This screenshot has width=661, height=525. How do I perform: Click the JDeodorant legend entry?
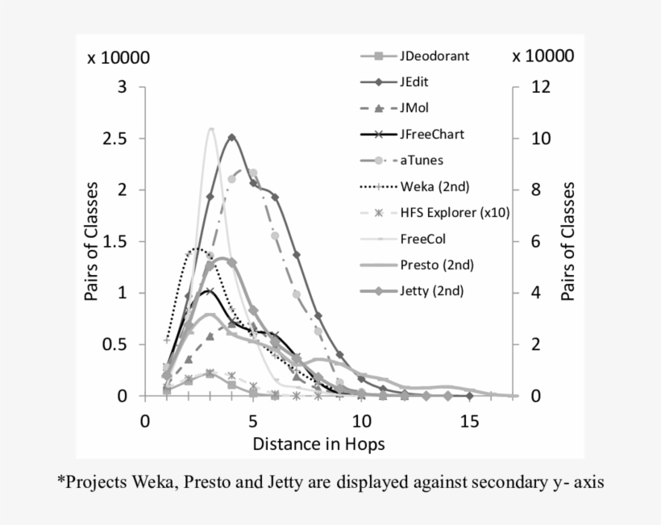(434, 56)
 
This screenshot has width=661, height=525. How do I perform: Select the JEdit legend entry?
(418, 82)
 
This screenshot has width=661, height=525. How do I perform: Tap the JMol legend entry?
(417, 108)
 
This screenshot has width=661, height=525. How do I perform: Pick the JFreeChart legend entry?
(431, 134)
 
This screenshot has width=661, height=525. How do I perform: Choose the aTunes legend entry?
(421, 160)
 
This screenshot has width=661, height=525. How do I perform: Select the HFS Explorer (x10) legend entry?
(455, 212)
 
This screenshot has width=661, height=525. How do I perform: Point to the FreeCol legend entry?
(422, 238)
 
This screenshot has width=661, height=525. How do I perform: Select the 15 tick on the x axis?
(470, 421)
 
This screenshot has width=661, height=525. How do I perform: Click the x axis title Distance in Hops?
(318, 444)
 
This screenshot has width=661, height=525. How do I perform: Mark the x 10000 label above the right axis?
(543, 56)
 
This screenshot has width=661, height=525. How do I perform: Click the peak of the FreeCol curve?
(210, 129)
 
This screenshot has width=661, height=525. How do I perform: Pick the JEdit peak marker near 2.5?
(232, 137)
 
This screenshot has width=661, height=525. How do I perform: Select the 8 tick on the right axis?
(534, 190)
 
